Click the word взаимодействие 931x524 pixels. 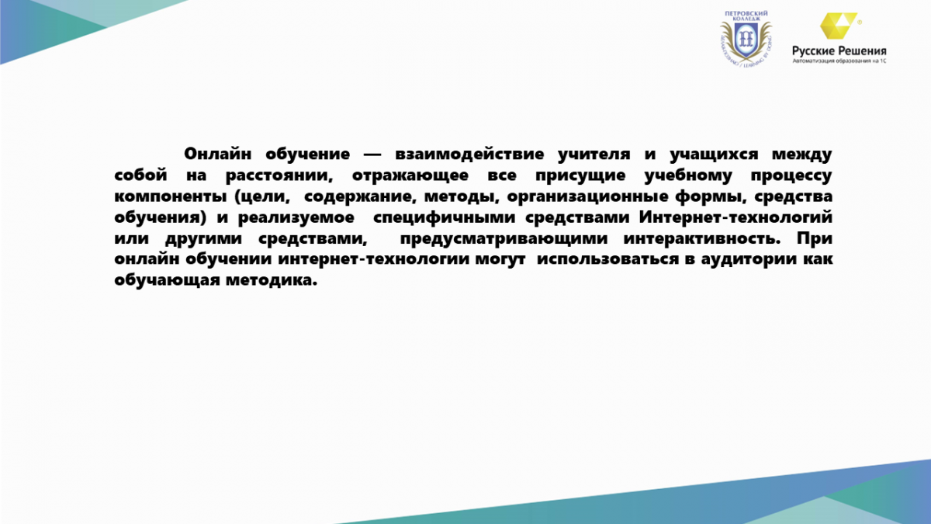click(x=469, y=154)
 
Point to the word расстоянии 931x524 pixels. click(x=279, y=176)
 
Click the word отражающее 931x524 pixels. click(x=410, y=176)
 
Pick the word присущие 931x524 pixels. click(x=580, y=176)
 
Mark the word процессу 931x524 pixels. click(x=791, y=176)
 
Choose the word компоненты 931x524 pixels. click(x=171, y=197)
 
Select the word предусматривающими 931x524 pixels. click(x=504, y=239)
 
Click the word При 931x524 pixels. click(x=815, y=239)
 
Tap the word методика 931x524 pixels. click(x=272, y=280)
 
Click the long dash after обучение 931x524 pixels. click(x=372, y=155)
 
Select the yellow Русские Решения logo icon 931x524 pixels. click(x=839, y=26)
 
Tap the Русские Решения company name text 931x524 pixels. click(x=839, y=51)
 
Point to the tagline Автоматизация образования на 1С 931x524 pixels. click(x=839, y=61)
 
